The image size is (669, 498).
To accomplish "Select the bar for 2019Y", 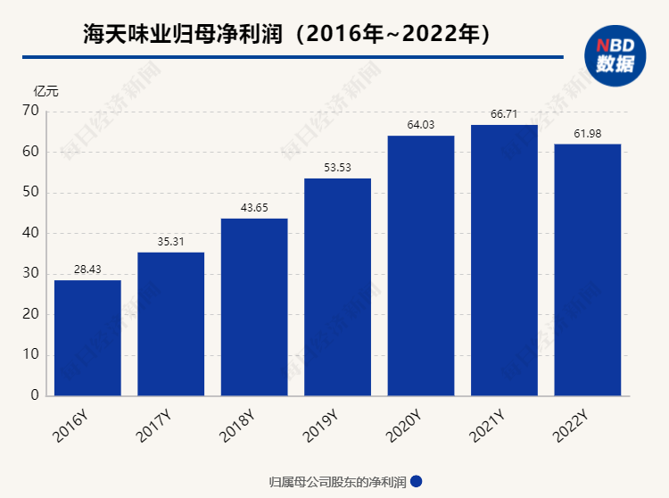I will pos(337,286).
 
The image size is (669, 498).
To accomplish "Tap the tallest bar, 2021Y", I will pos(504,260).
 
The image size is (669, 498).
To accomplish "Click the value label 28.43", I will pos(87,270).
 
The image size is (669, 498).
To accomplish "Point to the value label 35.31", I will pos(170,241).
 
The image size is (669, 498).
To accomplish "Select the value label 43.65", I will pos(254,207).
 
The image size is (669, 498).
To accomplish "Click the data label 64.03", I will pos(420,124).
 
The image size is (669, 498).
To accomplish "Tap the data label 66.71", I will pos(504,113).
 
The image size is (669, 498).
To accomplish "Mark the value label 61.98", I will pos(588,133).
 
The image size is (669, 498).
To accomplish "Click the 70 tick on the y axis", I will pos(31,111).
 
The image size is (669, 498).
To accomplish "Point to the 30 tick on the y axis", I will pos(31,274).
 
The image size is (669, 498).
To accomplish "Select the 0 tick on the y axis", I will pos(35,395).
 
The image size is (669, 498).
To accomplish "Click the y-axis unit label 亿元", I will pos(45,90).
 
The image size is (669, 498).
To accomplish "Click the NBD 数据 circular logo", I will pos(615,55).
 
